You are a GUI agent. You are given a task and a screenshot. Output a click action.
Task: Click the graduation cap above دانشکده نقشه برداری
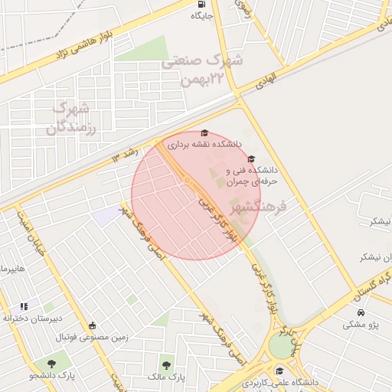(x=204, y=132)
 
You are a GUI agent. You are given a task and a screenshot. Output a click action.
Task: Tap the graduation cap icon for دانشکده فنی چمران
(x=251, y=158)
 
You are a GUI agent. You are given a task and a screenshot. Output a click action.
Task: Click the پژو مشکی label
(x=360, y=325)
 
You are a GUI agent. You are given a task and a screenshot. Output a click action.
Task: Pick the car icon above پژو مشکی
(x=360, y=312)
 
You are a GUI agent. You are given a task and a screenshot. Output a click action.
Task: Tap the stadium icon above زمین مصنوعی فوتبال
(x=93, y=325)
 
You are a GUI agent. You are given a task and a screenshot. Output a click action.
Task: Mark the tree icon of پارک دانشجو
(x=51, y=363)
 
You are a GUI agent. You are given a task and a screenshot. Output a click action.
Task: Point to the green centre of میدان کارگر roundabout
(x=282, y=346)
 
